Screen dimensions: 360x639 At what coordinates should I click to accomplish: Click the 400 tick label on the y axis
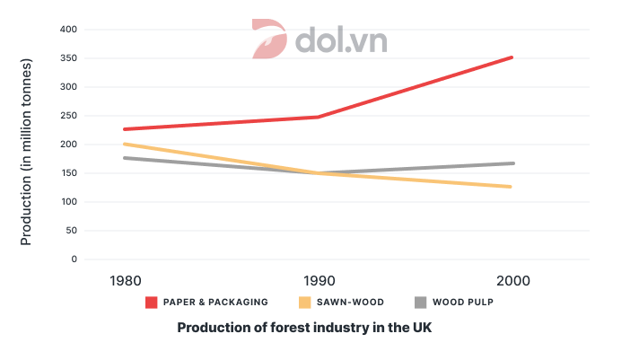[x=92, y=30]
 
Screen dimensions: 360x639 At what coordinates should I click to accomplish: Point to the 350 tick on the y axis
[x=92, y=58]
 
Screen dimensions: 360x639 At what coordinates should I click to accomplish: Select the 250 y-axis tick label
[x=92, y=116]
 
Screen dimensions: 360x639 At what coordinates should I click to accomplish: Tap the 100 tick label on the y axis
[x=92, y=202]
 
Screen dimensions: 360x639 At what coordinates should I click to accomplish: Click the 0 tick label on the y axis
[x=99, y=259]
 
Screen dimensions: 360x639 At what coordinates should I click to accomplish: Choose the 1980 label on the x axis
[x=125, y=281]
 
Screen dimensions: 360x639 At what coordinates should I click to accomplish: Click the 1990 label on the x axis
[x=317, y=281]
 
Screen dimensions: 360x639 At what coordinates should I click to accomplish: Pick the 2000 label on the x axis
[x=512, y=281]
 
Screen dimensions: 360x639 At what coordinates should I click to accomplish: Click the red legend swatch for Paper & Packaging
[x=153, y=303]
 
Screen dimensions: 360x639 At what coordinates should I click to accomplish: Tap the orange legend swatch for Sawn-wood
[x=304, y=303]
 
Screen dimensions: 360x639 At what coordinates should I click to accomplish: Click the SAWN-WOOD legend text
[x=346, y=303]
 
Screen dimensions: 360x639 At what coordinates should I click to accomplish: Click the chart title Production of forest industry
[x=304, y=328]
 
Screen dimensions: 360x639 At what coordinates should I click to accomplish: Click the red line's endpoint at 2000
[x=512, y=57]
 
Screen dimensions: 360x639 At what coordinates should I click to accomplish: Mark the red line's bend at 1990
[x=317, y=117]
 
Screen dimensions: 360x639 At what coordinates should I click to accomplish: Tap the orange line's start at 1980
[x=125, y=144]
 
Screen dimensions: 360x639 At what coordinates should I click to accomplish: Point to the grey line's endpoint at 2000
[x=512, y=163]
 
